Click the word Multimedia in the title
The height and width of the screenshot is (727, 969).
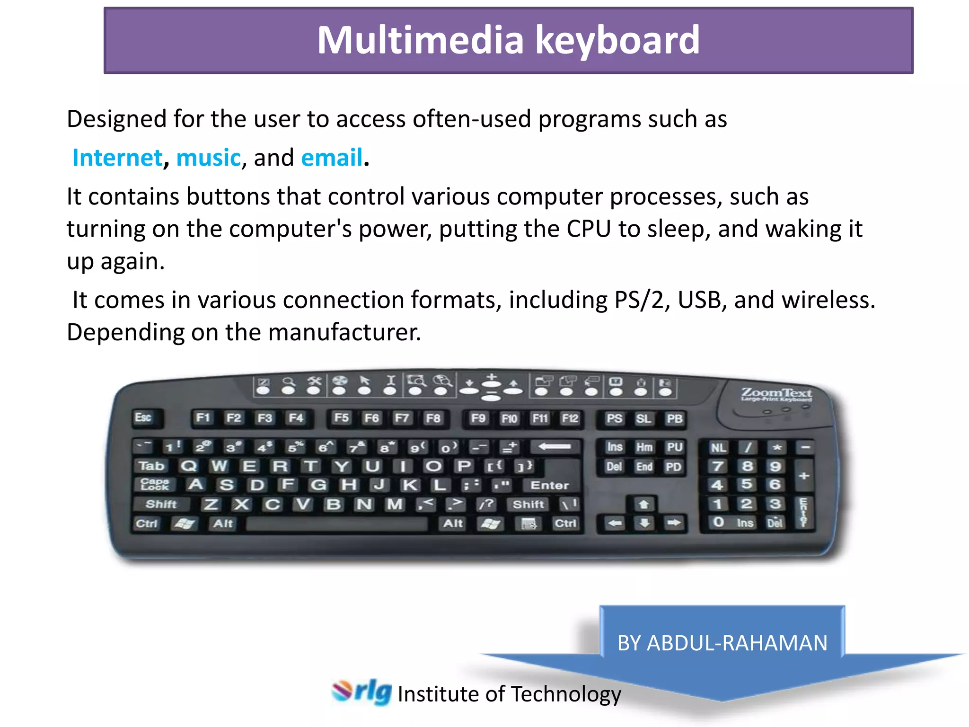click(420, 40)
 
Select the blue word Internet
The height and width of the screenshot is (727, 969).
click(117, 158)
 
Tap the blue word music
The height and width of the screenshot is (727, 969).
click(208, 158)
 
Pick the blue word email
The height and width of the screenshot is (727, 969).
click(332, 158)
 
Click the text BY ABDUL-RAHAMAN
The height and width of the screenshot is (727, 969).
click(722, 643)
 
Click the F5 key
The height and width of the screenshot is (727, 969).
click(341, 418)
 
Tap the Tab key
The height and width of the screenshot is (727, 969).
click(151, 466)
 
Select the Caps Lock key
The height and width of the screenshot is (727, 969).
click(155, 485)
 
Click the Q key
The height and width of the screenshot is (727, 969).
click(188, 466)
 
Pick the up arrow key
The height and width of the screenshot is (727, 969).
click(644, 505)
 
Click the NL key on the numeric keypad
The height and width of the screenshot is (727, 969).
click(718, 448)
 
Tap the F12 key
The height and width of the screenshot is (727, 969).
click(570, 418)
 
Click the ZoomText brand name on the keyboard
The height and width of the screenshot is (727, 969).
click(776, 393)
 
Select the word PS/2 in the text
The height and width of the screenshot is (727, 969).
click(639, 300)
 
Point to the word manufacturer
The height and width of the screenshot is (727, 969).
click(344, 332)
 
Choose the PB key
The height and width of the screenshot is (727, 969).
click(674, 419)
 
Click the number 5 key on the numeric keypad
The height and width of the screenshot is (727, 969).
click(746, 485)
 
